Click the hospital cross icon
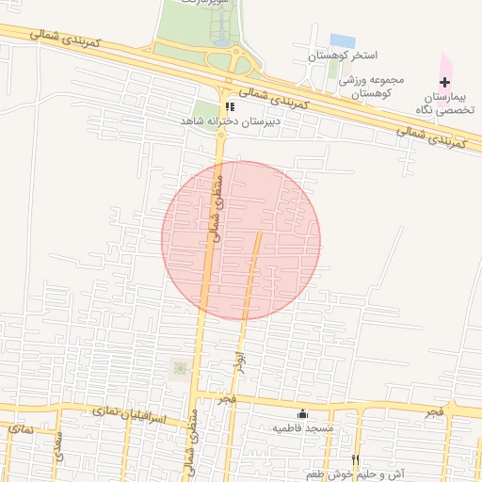point(445,83)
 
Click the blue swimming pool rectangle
point(343,41)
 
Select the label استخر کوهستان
point(342,57)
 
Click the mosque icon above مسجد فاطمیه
point(302,414)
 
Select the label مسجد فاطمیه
point(302,428)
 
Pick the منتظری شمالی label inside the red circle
point(215,206)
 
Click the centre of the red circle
point(241,240)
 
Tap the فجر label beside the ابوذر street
point(226,401)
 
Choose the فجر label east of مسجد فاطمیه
point(432,413)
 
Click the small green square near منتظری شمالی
point(178,369)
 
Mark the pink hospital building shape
point(446,68)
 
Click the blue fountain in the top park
point(220,41)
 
